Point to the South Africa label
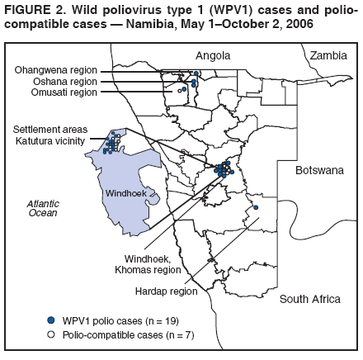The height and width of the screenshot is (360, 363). (x=309, y=299)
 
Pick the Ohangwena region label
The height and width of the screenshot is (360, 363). (x=56, y=71)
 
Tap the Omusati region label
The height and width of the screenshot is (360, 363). (x=62, y=92)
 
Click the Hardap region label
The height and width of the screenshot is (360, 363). (x=165, y=291)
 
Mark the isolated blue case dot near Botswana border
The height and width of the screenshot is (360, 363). (x=256, y=207)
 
